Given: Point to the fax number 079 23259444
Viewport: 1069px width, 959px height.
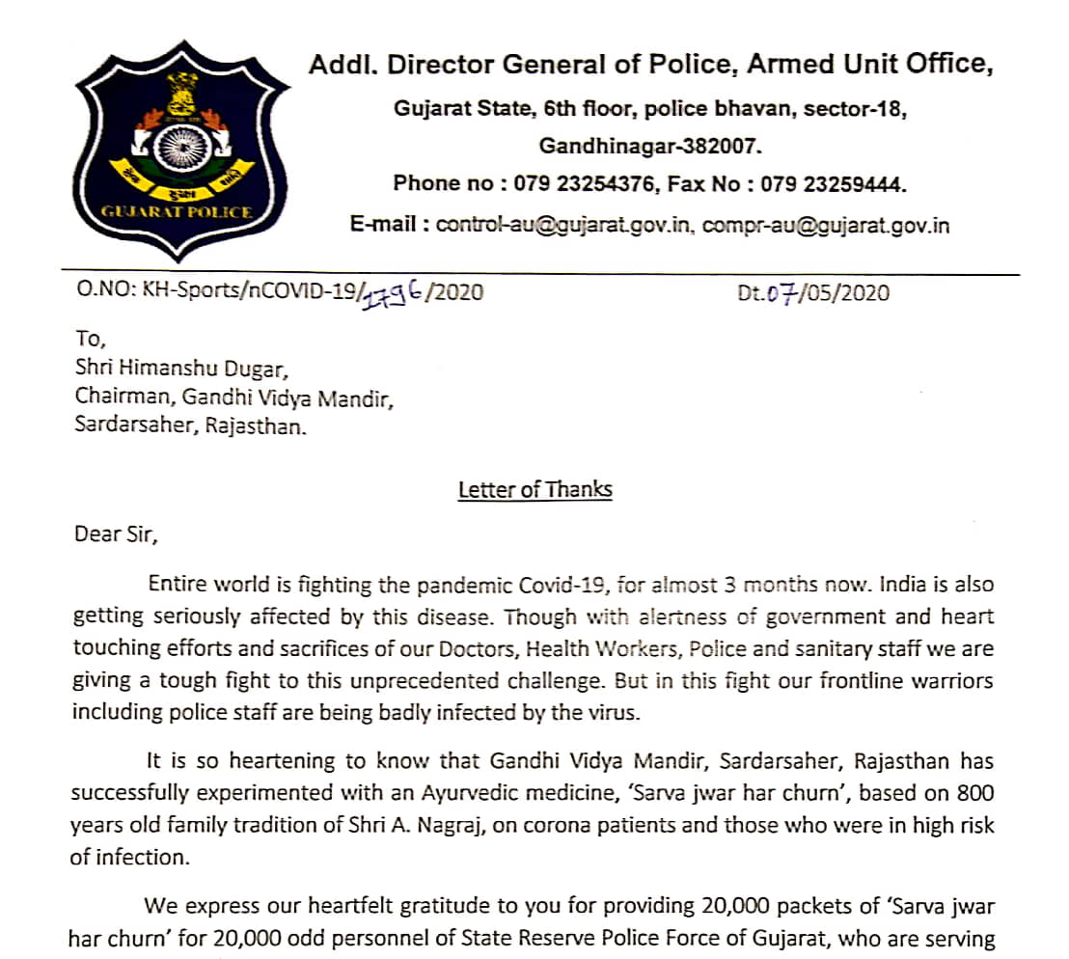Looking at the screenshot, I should coord(834,183).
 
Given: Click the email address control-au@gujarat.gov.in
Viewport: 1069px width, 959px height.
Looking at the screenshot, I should coord(564,225).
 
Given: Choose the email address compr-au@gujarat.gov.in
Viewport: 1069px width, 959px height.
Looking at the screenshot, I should coord(826,225).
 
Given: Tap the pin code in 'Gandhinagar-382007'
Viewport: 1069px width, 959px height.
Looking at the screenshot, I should coord(720,147).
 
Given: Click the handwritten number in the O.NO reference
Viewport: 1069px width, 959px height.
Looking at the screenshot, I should coord(396,291).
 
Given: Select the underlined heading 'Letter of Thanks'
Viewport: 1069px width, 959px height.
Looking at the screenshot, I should coord(534,489).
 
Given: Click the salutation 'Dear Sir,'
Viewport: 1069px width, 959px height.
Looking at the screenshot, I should coord(114,534).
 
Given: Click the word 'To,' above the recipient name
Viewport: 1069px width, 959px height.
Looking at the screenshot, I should coord(88,339).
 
